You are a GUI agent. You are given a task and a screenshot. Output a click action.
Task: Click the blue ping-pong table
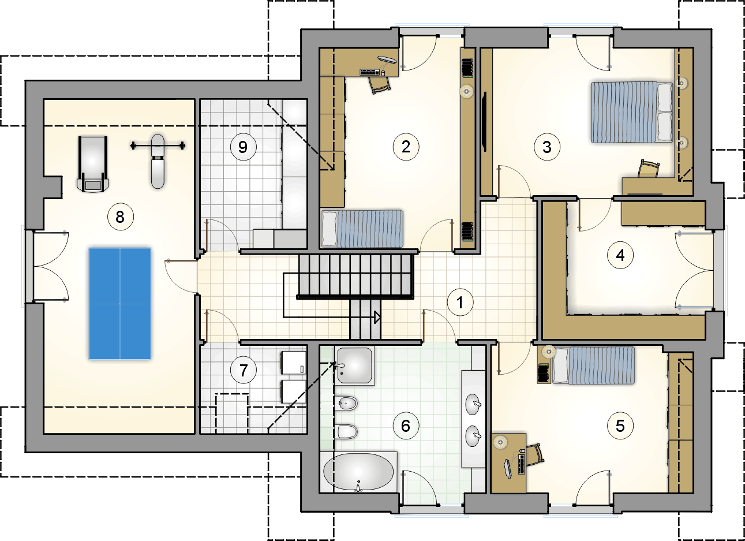(x=119, y=304)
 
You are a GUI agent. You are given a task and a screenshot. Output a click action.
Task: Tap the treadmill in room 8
(x=93, y=164)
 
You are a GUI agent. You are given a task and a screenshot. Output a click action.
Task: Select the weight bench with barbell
(x=158, y=161)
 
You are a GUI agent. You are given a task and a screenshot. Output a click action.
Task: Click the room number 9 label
(x=243, y=147)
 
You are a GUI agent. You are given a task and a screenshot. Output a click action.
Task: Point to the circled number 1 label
(x=460, y=303)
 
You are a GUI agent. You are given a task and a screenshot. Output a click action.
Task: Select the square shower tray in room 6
(x=354, y=365)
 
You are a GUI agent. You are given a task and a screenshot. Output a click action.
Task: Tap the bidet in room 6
(x=346, y=404)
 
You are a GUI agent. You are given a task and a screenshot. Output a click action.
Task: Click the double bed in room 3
(x=631, y=112)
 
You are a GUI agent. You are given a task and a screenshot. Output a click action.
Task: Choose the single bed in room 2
(x=362, y=229)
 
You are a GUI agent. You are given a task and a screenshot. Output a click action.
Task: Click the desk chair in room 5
(x=535, y=455)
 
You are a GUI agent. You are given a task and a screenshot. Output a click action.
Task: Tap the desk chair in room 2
(x=380, y=85)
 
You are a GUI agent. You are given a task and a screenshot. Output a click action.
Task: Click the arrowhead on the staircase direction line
(x=377, y=317)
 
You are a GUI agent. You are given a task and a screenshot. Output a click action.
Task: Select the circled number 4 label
(x=620, y=255)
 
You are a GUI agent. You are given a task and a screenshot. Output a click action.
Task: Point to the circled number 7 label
(x=243, y=370)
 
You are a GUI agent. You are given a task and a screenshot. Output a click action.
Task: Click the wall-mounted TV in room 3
(x=485, y=122)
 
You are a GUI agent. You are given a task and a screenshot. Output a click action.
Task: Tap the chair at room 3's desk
(x=649, y=169)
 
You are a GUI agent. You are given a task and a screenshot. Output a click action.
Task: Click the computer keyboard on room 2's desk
(x=369, y=72)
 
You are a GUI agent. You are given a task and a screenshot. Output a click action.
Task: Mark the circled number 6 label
(x=406, y=426)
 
